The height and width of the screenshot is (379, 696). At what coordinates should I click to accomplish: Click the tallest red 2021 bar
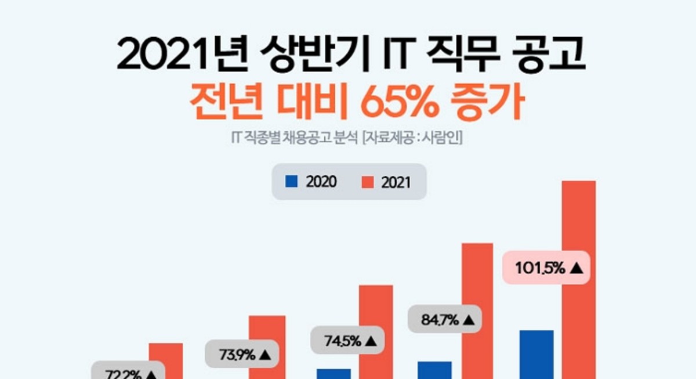pos(579,279)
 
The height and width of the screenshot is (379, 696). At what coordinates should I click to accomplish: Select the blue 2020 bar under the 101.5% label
pos(536,354)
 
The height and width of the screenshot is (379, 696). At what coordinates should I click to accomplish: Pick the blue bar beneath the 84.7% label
pos(434,370)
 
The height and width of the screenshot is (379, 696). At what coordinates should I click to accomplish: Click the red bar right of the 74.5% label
pos(376,331)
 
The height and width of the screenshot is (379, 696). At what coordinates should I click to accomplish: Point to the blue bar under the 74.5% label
pos(333,373)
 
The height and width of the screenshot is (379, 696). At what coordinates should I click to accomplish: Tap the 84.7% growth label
pos(444,319)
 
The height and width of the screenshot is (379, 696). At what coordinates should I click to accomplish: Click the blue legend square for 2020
pos(291,181)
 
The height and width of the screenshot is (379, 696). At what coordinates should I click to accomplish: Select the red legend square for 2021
pos(367,182)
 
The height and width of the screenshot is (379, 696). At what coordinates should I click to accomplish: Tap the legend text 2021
pos(396,182)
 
